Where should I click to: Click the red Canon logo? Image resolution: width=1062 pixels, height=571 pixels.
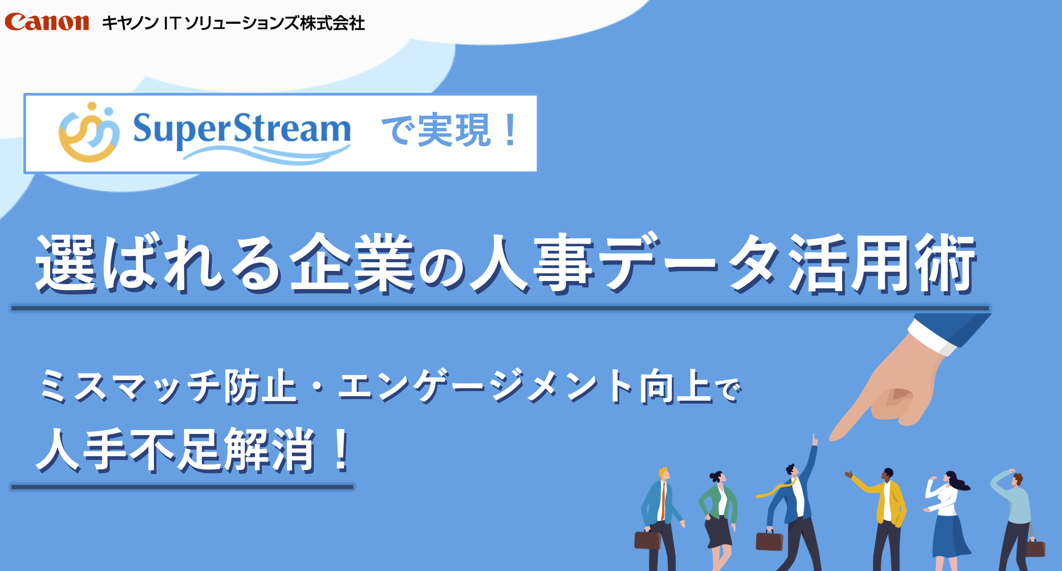click(x=46, y=22)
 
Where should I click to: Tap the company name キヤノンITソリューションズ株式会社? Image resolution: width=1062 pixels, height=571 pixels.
click(x=233, y=23)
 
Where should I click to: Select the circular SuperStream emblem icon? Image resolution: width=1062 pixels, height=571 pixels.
click(x=89, y=132)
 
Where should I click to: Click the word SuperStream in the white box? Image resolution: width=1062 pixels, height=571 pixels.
click(x=241, y=129)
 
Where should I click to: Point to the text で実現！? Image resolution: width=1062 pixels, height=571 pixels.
click(x=449, y=130)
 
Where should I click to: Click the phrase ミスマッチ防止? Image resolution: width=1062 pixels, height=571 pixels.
click(x=168, y=387)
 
